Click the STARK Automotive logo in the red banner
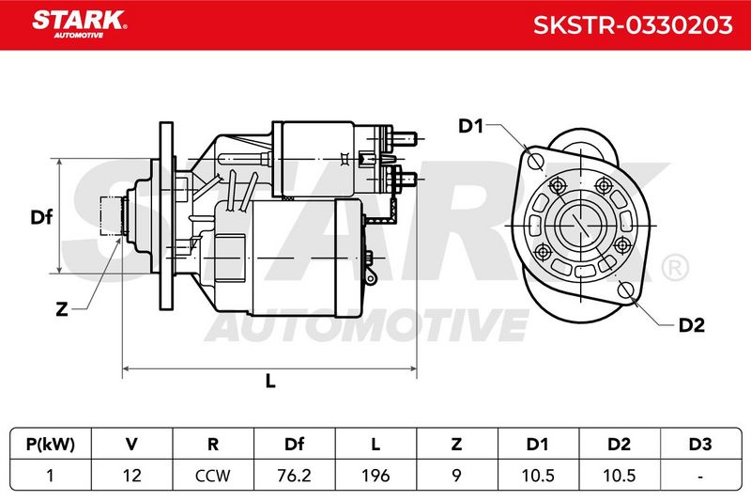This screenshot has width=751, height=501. click(x=80, y=24)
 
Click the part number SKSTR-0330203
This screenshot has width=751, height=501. click(x=633, y=25)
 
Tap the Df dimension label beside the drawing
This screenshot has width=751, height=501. click(x=41, y=217)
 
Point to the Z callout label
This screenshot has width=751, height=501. click(x=62, y=309)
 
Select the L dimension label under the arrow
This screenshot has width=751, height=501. click(x=270, y=381)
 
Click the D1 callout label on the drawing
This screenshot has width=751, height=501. click(x=471, y=126)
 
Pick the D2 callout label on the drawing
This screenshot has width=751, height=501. click(x=692, y=325)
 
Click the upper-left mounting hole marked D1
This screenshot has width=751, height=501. click(x=535, y=160)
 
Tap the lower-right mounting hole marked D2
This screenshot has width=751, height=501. click(x=625, y=290)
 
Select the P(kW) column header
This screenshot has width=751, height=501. click(x=51, y=445)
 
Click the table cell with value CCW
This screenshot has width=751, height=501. click(x=213, y=476)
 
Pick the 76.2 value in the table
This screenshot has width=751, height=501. click(x=294, y=476)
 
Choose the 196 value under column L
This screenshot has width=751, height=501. click(x=375, y=476)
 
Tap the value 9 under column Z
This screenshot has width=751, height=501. click(x=457, y=476)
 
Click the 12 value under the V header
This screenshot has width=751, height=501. click(x=131, y=476)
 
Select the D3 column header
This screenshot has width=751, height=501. click(x=700, y=445)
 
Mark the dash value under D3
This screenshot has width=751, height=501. click(x=700, y=477)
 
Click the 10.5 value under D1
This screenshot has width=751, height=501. click(x=538, y=476)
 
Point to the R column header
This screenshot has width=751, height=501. click(x=213, y=445)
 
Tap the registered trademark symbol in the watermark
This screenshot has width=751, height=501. click(x=675, y=267)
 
